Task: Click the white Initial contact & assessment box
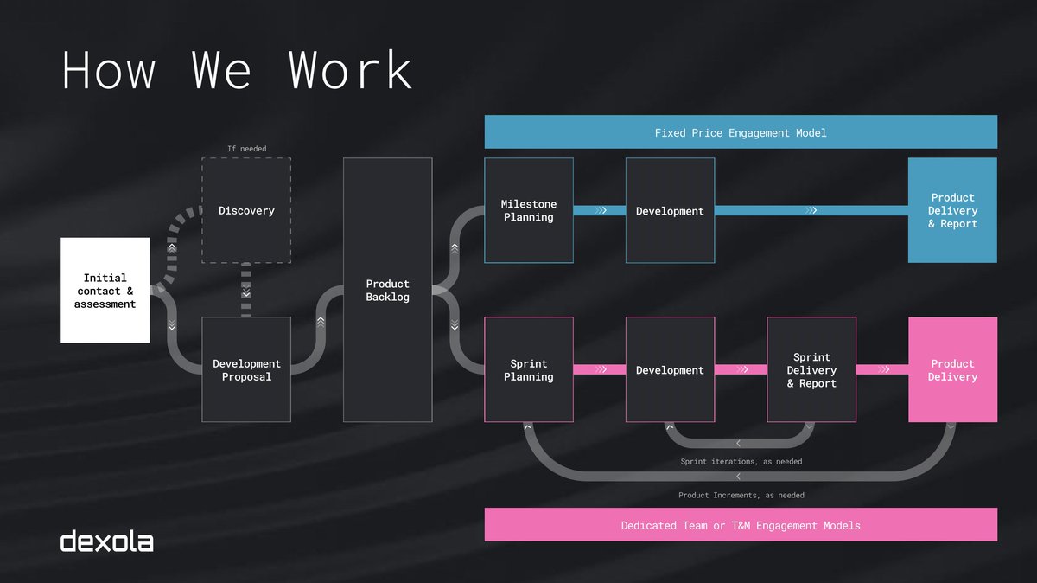[105, 291]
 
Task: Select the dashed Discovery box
[246, 210]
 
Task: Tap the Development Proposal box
[246, 369]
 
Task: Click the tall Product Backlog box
[387, 290]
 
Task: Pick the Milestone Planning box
[528, 210]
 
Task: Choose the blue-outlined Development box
[670, 210]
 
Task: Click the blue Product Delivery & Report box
[952, 210]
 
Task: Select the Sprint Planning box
[528, 369]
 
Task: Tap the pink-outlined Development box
[670, 369]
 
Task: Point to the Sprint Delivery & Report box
[811, 369]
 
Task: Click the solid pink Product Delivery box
[952, 369]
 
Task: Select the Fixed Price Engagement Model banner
[741, 132]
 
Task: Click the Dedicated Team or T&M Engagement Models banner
[741, 525]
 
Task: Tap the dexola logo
[107, 541]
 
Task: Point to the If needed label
[246, 149]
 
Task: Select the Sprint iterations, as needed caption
[741, 462]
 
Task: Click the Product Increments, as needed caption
[741, 496]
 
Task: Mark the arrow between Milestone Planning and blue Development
[600, 210]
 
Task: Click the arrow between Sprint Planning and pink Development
[600, 369]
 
